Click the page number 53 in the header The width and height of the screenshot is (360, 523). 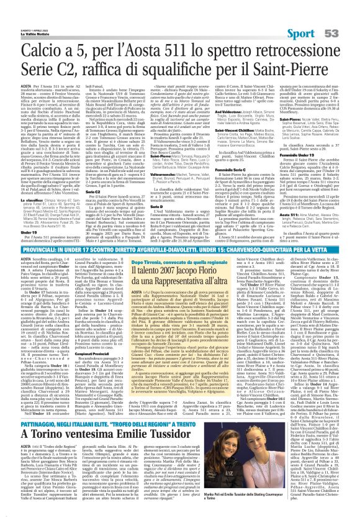coord(347,33)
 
